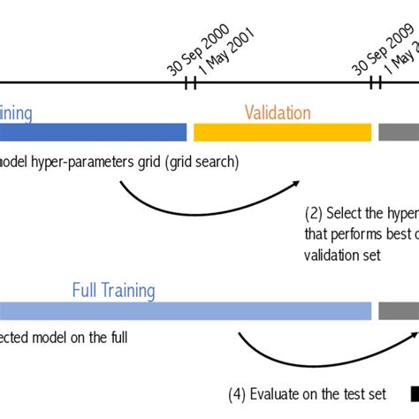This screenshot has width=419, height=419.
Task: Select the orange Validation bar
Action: tap(282, 132)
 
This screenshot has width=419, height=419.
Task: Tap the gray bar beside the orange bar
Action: tap(399, 132)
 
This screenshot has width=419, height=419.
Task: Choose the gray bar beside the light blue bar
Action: tap(399, 310)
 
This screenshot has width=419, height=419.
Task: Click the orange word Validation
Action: tap(278, 112)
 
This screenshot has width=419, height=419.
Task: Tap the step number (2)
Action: tap(314, 213)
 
